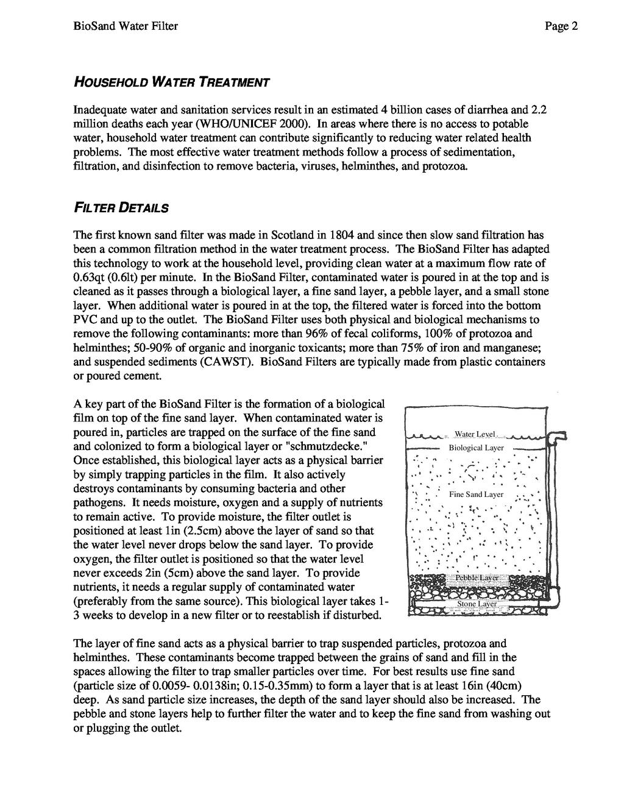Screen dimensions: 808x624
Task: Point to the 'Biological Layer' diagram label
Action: pyautogui.click(x=477, y=448)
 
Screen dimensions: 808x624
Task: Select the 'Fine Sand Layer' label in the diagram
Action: pyautogui.click(x=477, y=495)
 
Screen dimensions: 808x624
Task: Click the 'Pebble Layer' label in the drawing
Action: pyautogui.click(x=478, y=577)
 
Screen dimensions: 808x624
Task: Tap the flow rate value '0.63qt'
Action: pyautogui.click(x=90, y=277)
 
